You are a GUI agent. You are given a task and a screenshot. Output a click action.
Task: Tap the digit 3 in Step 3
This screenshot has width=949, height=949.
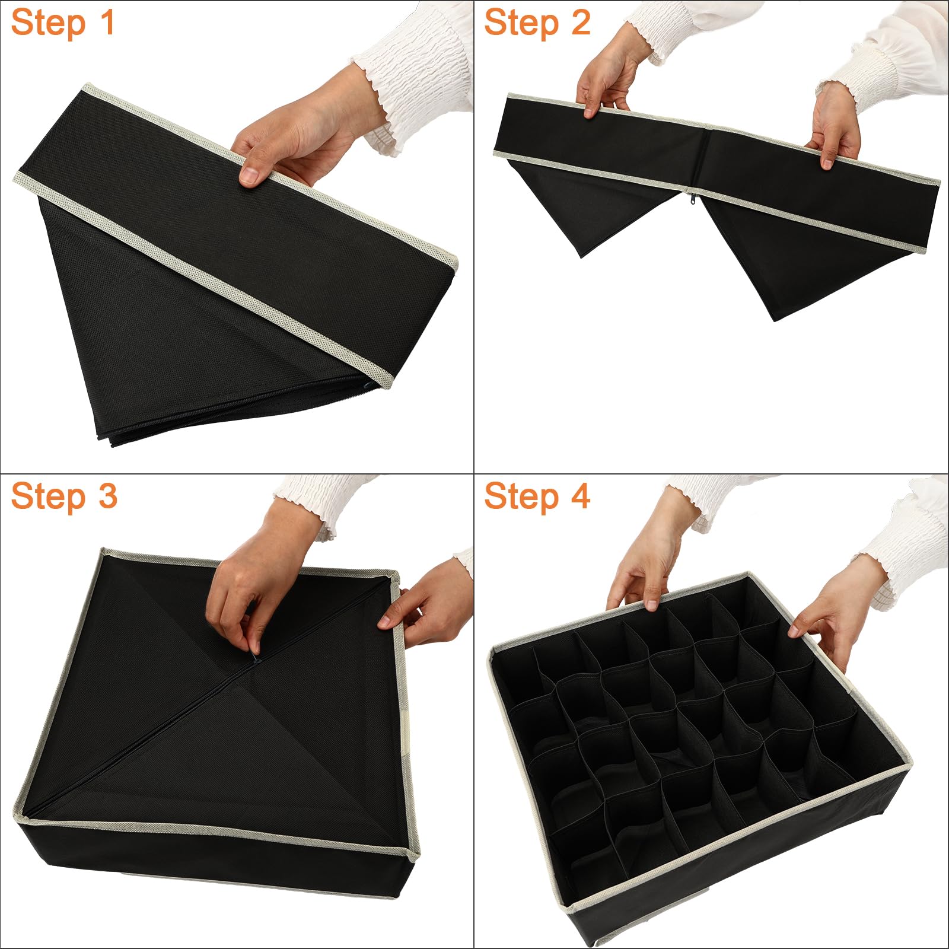[x=107, y=496]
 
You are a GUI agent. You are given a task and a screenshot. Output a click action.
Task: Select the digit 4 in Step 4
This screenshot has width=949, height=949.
[x=580, y=496]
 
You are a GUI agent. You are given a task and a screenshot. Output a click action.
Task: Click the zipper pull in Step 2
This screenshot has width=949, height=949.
[x=690, y=199]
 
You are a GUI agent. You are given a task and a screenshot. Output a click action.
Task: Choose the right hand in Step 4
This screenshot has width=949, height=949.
[x=830, y=611]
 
